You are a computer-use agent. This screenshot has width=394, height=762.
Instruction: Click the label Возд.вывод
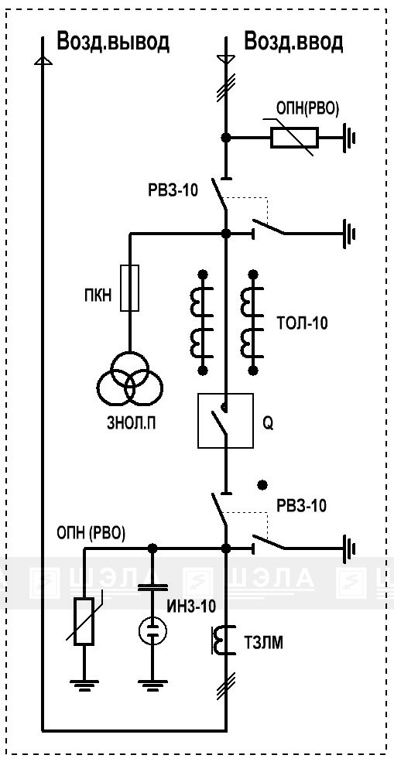coord(113,42)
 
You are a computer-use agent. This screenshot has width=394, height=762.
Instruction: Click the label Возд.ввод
coord(293,42)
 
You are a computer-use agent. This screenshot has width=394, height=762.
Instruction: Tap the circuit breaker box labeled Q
coord(225,420)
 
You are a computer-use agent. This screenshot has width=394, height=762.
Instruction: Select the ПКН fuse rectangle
coord(129,288)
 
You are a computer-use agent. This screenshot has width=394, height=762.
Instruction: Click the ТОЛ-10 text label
coord(303,323)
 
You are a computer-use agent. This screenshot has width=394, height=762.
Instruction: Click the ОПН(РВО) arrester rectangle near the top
coord(294,137)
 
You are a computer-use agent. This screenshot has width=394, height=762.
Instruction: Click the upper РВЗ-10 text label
coord(173,190)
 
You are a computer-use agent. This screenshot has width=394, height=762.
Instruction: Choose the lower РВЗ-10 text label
coord(302,506)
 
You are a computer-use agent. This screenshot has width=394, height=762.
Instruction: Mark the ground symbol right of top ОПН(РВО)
coord(350,138)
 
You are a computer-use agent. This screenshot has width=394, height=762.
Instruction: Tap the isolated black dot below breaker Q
coord(262,484)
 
